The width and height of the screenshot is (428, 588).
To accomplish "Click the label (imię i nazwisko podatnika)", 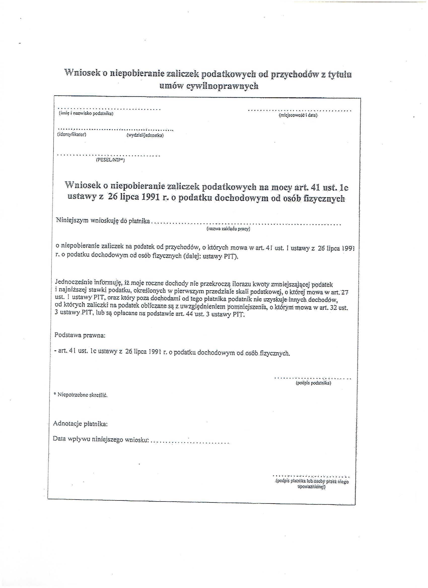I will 86,114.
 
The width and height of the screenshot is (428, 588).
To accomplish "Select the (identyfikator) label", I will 72,134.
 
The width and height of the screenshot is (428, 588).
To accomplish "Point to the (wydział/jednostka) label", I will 145,135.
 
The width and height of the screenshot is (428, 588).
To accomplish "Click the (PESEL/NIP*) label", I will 110,160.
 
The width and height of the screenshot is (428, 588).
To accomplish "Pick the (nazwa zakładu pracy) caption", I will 228,229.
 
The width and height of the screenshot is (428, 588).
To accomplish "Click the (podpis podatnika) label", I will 313,383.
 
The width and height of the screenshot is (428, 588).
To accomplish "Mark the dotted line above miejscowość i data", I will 300,111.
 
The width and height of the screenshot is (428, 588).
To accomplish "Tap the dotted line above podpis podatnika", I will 312,379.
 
